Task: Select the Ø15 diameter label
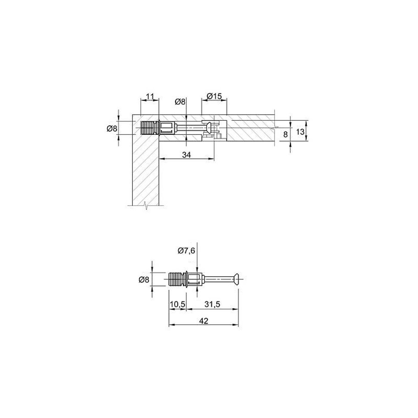pyautogui.click(x=214, y=96)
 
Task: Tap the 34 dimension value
pyautogui.click(x=186, y=155)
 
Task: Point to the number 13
pyautogui.click(x=300, y=131)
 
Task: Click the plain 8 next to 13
pyautogui.click(x=286, y=135)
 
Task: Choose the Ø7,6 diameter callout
pyautogui.click(x=186, y=251)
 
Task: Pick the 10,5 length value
pyautogui.click(x=178, y=304)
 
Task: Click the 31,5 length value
pyautogui.click(x=212, y=304)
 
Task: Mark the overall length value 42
pyautogui.click(x=204, y=321)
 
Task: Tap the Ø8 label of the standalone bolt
pyautogui.click(x=144, y=280)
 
